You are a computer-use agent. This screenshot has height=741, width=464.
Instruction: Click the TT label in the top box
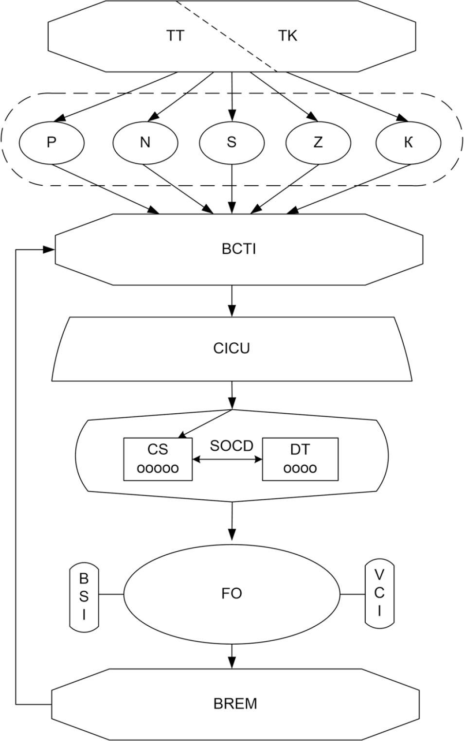tap(175, 36)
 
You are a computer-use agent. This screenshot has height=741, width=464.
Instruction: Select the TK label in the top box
tap(287, 36)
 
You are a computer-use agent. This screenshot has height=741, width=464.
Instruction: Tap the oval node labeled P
tap(52, 142)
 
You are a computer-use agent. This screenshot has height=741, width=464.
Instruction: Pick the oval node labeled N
tap(145, 142)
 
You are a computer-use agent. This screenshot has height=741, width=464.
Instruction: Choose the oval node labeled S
tap(232, 142)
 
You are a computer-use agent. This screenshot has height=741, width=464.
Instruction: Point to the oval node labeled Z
tap(318, 142)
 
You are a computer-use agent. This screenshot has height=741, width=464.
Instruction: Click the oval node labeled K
tap(409, 142)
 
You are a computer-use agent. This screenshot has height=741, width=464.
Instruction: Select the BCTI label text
tap(238, 249)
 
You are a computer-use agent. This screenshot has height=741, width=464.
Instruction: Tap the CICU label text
tap(232, 349)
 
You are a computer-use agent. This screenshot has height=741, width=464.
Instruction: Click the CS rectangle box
tap(158, 459)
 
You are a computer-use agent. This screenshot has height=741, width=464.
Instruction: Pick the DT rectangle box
tap(300, 459)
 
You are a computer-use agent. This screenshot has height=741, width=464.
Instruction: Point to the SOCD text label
tap(232, 445)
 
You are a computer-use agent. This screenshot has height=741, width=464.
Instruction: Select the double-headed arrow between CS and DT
tap(228, 459)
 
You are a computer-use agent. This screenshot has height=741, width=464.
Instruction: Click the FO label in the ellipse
tap(232, 594)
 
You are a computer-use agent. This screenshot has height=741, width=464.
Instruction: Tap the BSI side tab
tap(84, 597)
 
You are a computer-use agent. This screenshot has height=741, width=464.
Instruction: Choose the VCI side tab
tap(379, 593)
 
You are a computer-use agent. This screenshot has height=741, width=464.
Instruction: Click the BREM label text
tap(235, 704)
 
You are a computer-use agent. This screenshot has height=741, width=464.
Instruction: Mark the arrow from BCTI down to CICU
tap(232, 300)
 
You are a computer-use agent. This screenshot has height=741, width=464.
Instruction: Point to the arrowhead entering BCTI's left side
tap(49, 249)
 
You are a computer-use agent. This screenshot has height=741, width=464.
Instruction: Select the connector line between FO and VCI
tap(352, 594)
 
